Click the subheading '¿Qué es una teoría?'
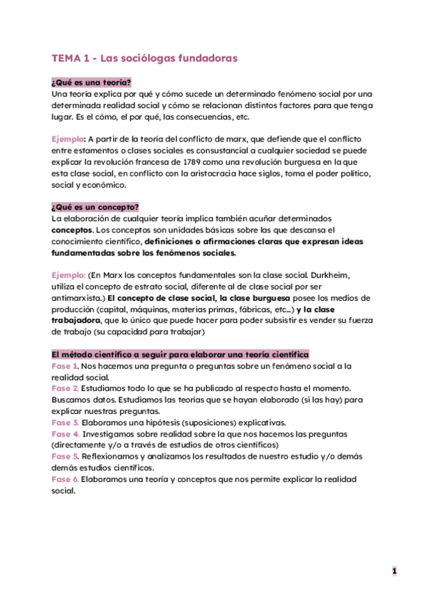[92, 82]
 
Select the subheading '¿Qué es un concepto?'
[95, 207]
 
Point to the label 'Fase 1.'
[65, 365]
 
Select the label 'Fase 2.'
[65, 388]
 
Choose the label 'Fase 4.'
[65, 434]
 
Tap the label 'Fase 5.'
[65, 457]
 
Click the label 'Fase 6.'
[65, 479]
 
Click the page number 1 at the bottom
[394, 570]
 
